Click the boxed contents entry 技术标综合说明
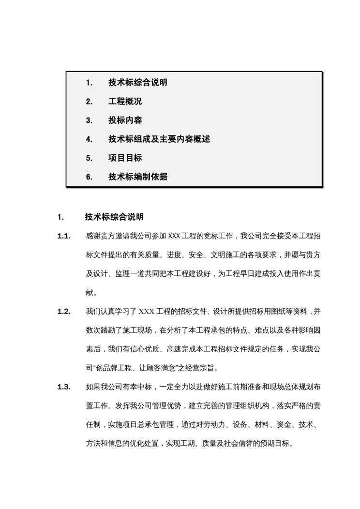coord(138,83)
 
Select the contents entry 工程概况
coord(125,102)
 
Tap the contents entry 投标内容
coord(125,120)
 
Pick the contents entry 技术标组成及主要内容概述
coord(159,139)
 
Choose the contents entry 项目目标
coord(125,158)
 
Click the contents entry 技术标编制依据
coord(138,177)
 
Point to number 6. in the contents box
coord(89,177)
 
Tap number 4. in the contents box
coord(89,139)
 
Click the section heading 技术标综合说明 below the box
coord(114,216)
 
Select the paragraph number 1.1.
coord(64,236)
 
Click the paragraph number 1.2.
coord(64,311)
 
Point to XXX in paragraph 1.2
coord(146,311)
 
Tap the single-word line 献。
coord(91,292)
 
